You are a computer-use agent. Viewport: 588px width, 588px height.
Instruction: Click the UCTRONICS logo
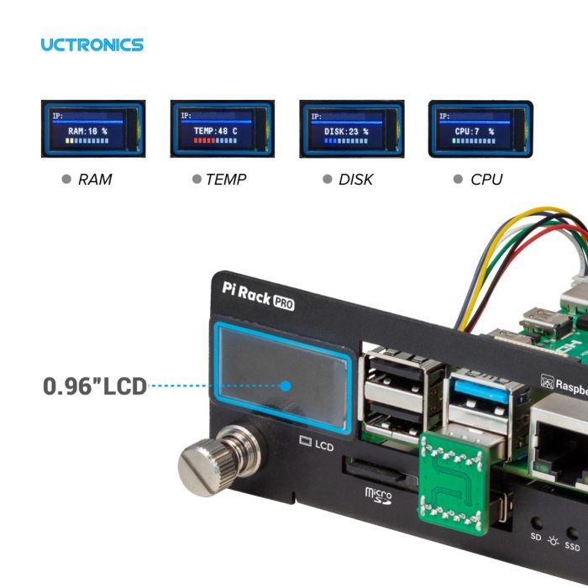click(92, 45)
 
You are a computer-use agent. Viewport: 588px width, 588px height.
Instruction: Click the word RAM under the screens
click(94, 179)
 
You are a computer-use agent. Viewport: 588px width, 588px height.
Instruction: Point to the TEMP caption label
click(226, 179)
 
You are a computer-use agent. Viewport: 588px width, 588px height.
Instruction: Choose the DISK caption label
click(355, 179)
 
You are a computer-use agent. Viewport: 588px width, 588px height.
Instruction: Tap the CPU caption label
click(486, 179)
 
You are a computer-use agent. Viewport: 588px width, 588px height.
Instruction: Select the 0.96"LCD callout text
click(94, 386)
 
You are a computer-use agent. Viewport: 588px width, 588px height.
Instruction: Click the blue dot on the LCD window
click(286, 386)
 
